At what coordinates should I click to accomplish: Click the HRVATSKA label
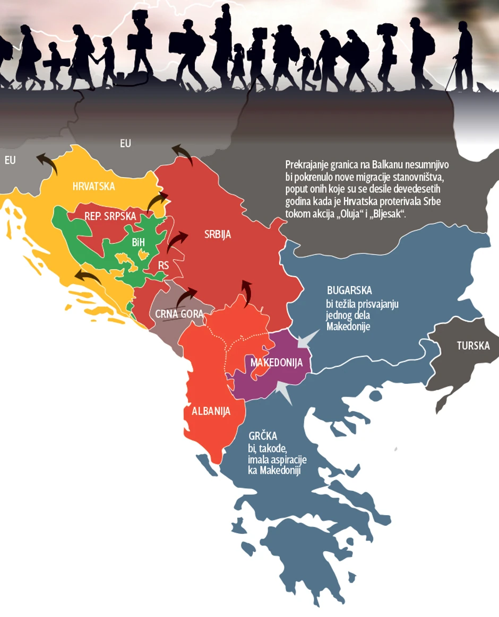pos(93,187)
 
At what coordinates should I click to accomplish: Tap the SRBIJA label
pos(218,234)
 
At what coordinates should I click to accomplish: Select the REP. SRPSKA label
pos(110,216)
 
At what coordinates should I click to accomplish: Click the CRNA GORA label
pos(179,313)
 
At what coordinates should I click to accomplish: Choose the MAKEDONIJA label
pos(276,363)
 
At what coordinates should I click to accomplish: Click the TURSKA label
pos(473,346)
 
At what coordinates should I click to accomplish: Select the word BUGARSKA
pos(349,290)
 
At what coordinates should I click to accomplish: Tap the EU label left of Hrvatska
pos(10,160)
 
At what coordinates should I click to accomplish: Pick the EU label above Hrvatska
pos(125,143)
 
